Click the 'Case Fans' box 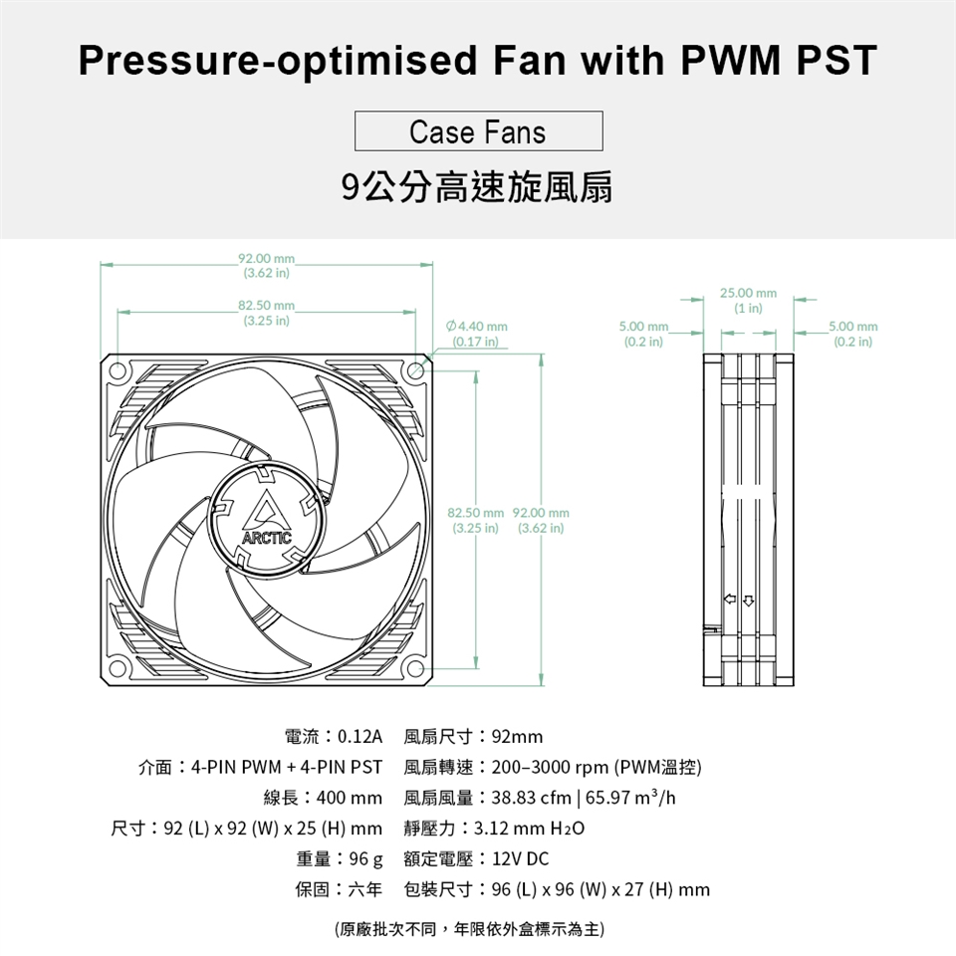click(x=479, y=131)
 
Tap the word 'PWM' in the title click(x=730, y=60)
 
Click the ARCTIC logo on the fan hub click(x=267, y=518)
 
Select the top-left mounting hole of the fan click(x=118, y=370)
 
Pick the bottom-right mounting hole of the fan click(x=416, y=669)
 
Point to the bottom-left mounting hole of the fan click(x=118, y=669)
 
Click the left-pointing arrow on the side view click(x=730, y=599)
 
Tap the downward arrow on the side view click(x=748, y=600)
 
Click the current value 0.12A click(x=359, y=737)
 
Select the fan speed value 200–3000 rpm click(x=550, y=767)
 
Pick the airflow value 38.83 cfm click(x=531, y=798)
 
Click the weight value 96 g click(x=365, y=859)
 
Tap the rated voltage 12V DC click(x=520, y=859)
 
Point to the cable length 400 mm click(x=350, y=798)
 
